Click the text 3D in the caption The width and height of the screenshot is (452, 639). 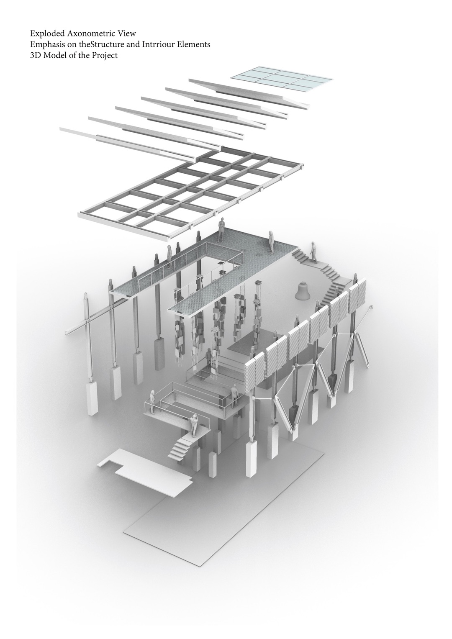(35, 55)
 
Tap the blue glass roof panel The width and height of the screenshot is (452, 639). (282, 79)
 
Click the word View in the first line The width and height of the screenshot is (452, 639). (128, 34)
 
